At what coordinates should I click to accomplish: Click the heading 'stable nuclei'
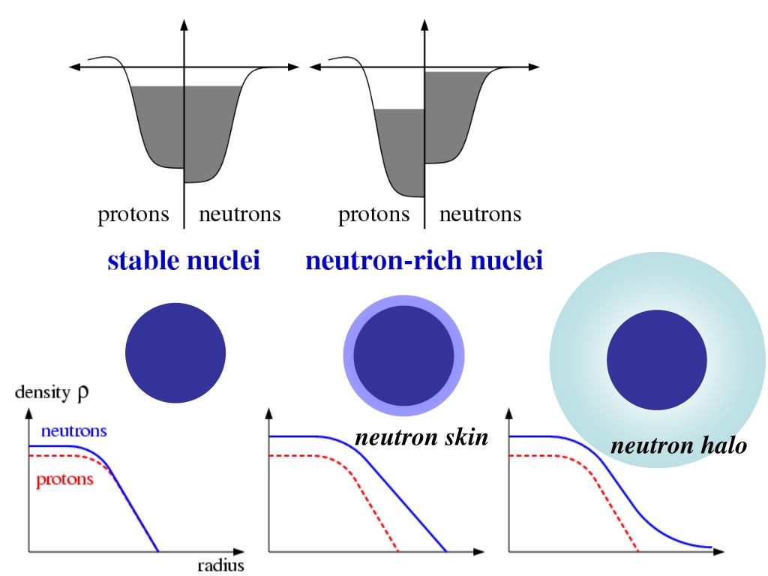(184, 261)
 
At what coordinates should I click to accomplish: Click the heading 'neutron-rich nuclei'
(424, 261)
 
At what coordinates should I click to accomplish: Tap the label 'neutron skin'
(421, 437)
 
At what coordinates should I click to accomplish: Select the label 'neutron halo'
(678, 446)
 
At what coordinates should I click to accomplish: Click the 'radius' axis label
(220, 565)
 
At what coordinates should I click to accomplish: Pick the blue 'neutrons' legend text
(73, 431)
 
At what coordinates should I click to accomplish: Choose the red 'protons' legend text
(64, 479)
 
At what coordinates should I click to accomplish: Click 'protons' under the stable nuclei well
(133, 215)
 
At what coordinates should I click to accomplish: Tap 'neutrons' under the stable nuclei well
(239, 215)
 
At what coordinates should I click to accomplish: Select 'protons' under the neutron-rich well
(373, 215)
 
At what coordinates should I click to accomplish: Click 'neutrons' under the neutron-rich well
(480, 215)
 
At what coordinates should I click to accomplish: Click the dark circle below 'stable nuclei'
(175, 352)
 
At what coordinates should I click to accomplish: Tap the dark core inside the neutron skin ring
(403, 355)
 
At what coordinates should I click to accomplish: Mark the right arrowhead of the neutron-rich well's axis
(534, 67)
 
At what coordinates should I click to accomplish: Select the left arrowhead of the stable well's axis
(74, 67)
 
